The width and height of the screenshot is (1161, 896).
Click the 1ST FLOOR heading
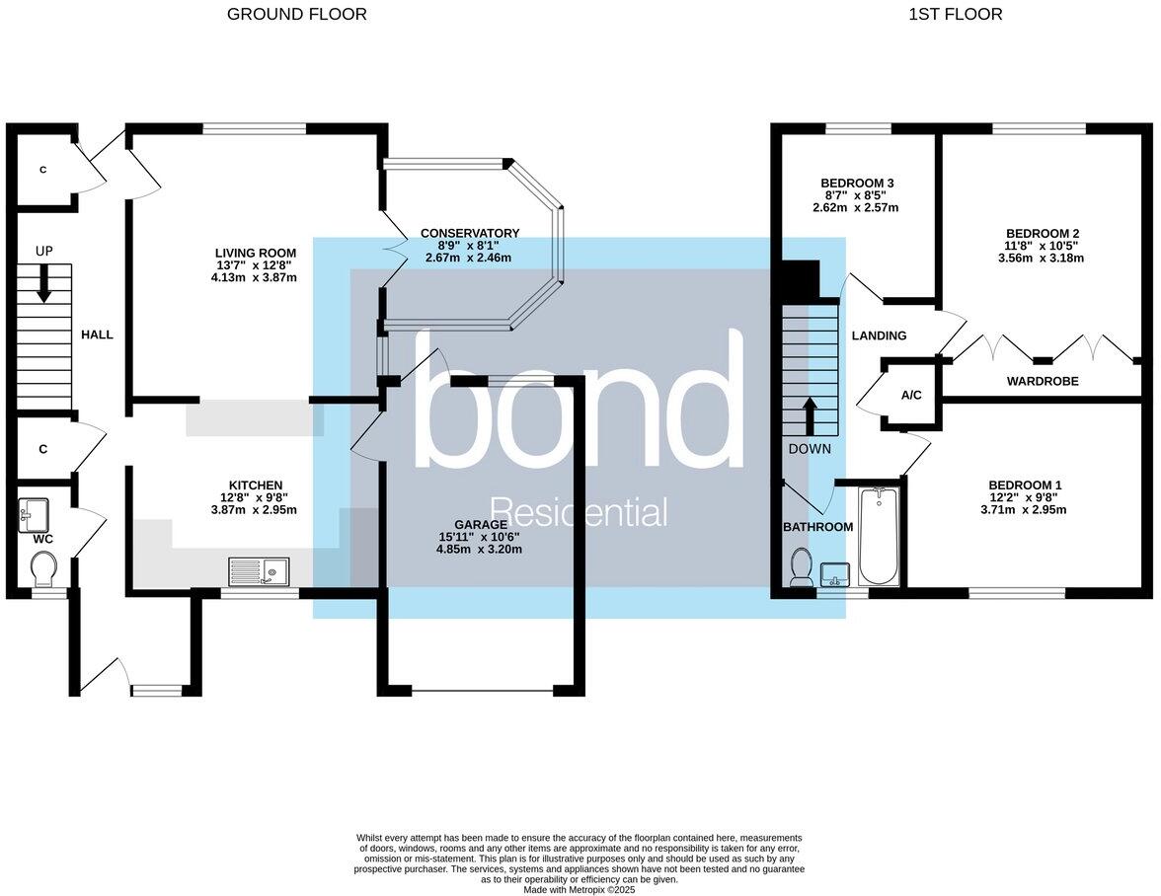click(x=955, y=14)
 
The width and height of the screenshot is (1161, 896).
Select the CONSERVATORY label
click(x=469, y=233)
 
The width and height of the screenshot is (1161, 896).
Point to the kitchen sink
click(x=258, y=571)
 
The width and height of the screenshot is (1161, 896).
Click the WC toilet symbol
click(x=44, y=568)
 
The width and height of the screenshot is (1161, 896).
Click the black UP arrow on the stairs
click(x=44, y=287)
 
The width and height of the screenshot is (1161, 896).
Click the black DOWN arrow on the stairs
click(x=809, y=415)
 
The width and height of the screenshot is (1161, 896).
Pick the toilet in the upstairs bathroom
click(x=802, y=569)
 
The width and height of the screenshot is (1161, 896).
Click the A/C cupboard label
click(x=911, y=396)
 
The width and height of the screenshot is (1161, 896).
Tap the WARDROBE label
click(x=1042, y=381)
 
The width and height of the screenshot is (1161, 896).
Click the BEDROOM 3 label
click(x=857, y=184)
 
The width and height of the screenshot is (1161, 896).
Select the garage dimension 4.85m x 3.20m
click(x=479, y=549)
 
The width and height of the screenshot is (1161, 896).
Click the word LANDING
click(x=879, y=336)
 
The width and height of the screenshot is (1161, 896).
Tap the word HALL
click(x=97, y=335)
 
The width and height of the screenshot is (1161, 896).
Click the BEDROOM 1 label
click(x=1025, y=485)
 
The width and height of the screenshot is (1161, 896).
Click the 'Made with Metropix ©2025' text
click(x=580, y=889)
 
